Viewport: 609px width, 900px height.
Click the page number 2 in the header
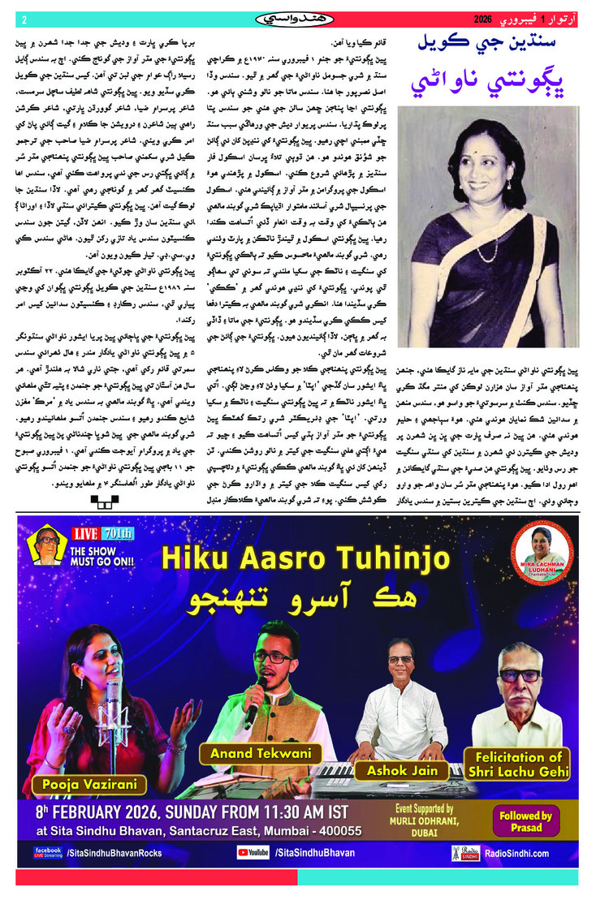click(x=24, y=20)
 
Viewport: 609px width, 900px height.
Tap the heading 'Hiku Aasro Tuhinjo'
click(x=305, y=558)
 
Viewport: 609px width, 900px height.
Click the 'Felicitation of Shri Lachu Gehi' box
click(x=516, y=764)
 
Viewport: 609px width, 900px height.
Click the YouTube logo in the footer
click(x=253, y=853)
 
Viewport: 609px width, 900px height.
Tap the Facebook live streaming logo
click(x=48, y=852)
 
